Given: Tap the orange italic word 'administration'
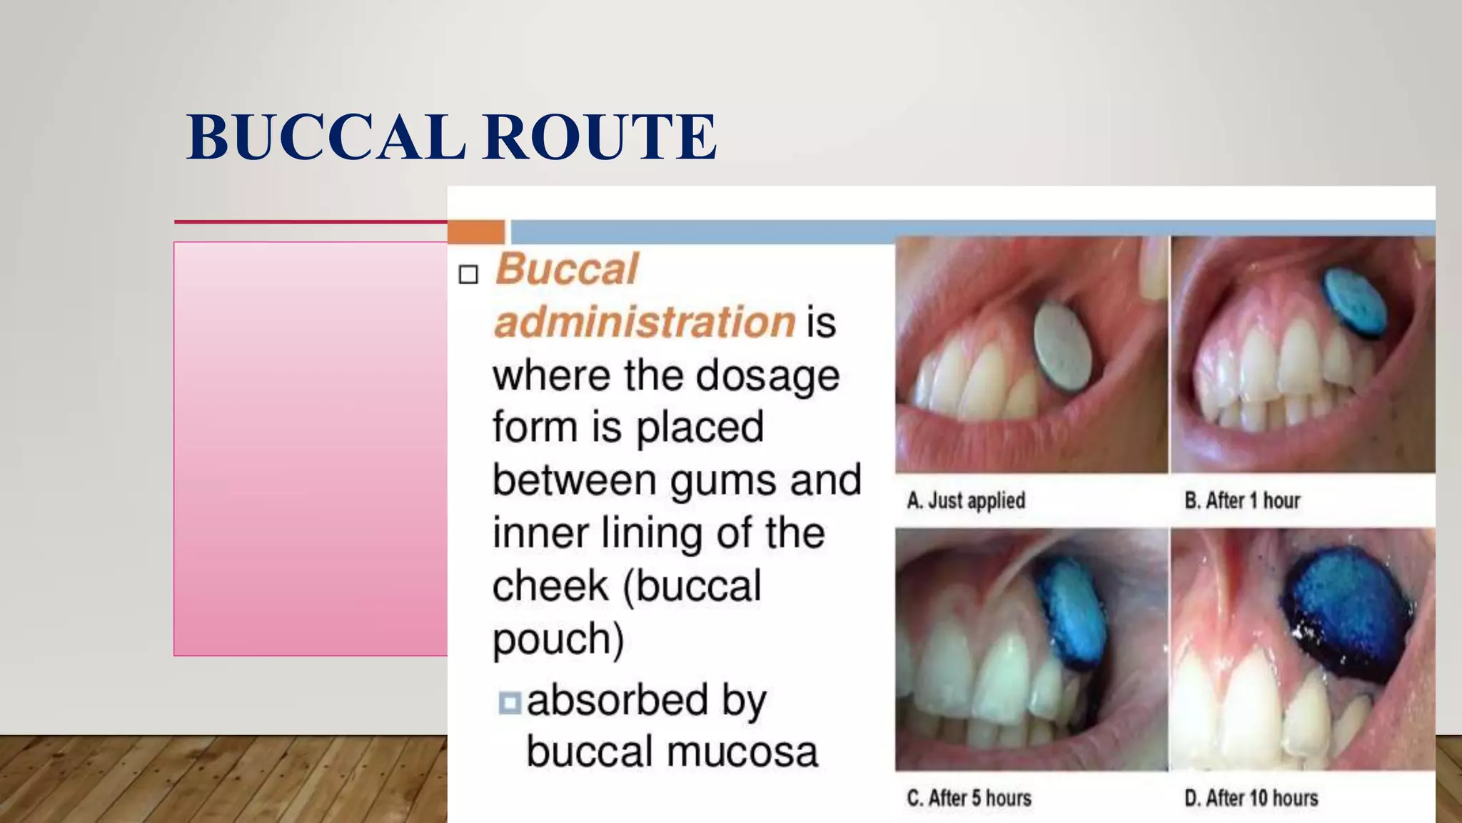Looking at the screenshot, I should click(645, 321).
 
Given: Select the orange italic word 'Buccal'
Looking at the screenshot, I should click(567, 269).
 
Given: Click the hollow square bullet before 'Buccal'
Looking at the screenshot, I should click(468, 274).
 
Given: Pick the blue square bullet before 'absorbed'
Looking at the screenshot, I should click(509, 703).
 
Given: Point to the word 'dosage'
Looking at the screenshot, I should click(767, 376).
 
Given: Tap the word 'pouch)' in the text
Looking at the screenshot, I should click(558, 638).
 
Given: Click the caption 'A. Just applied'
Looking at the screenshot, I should click(966, 501).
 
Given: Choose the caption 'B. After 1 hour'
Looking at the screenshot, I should click(1242, 501).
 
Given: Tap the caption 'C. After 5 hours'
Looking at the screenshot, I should click(969, 798).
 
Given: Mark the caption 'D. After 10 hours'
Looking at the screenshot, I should click(1251, 798).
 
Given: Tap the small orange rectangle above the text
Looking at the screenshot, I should click(476, 232).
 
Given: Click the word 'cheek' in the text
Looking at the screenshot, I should click(550, 586).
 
